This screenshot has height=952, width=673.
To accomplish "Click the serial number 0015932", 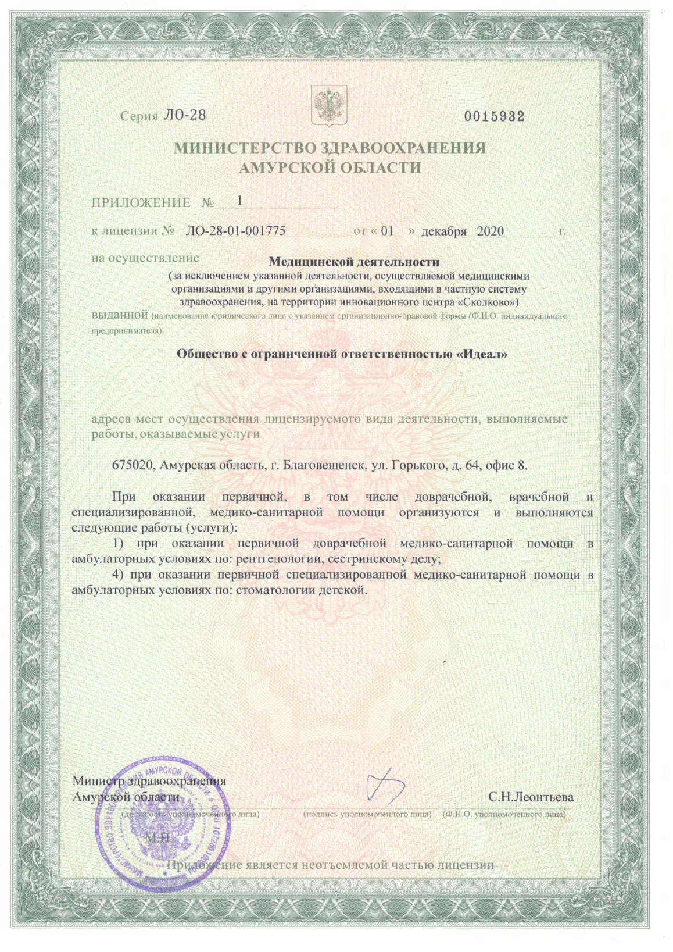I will click(x=494, y=116).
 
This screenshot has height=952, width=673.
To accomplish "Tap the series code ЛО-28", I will click(x=184, y=115).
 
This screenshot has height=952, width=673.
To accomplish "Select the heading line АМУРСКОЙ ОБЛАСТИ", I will click(x=330, y=168).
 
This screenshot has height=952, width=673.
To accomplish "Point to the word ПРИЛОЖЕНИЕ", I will click(x=141, y=203).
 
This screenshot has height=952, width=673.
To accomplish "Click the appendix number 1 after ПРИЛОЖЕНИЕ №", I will click(x=239, y=200).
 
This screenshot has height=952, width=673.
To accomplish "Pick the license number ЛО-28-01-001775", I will click(x=235, y=231).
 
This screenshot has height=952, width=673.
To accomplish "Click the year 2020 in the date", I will click(x=490, y=231).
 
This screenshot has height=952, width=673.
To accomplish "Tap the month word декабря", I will click(x=443, y=231).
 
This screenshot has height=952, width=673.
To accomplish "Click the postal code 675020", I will click(x=131, y=465).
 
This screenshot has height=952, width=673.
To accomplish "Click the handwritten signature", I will click(x=384, y=786).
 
